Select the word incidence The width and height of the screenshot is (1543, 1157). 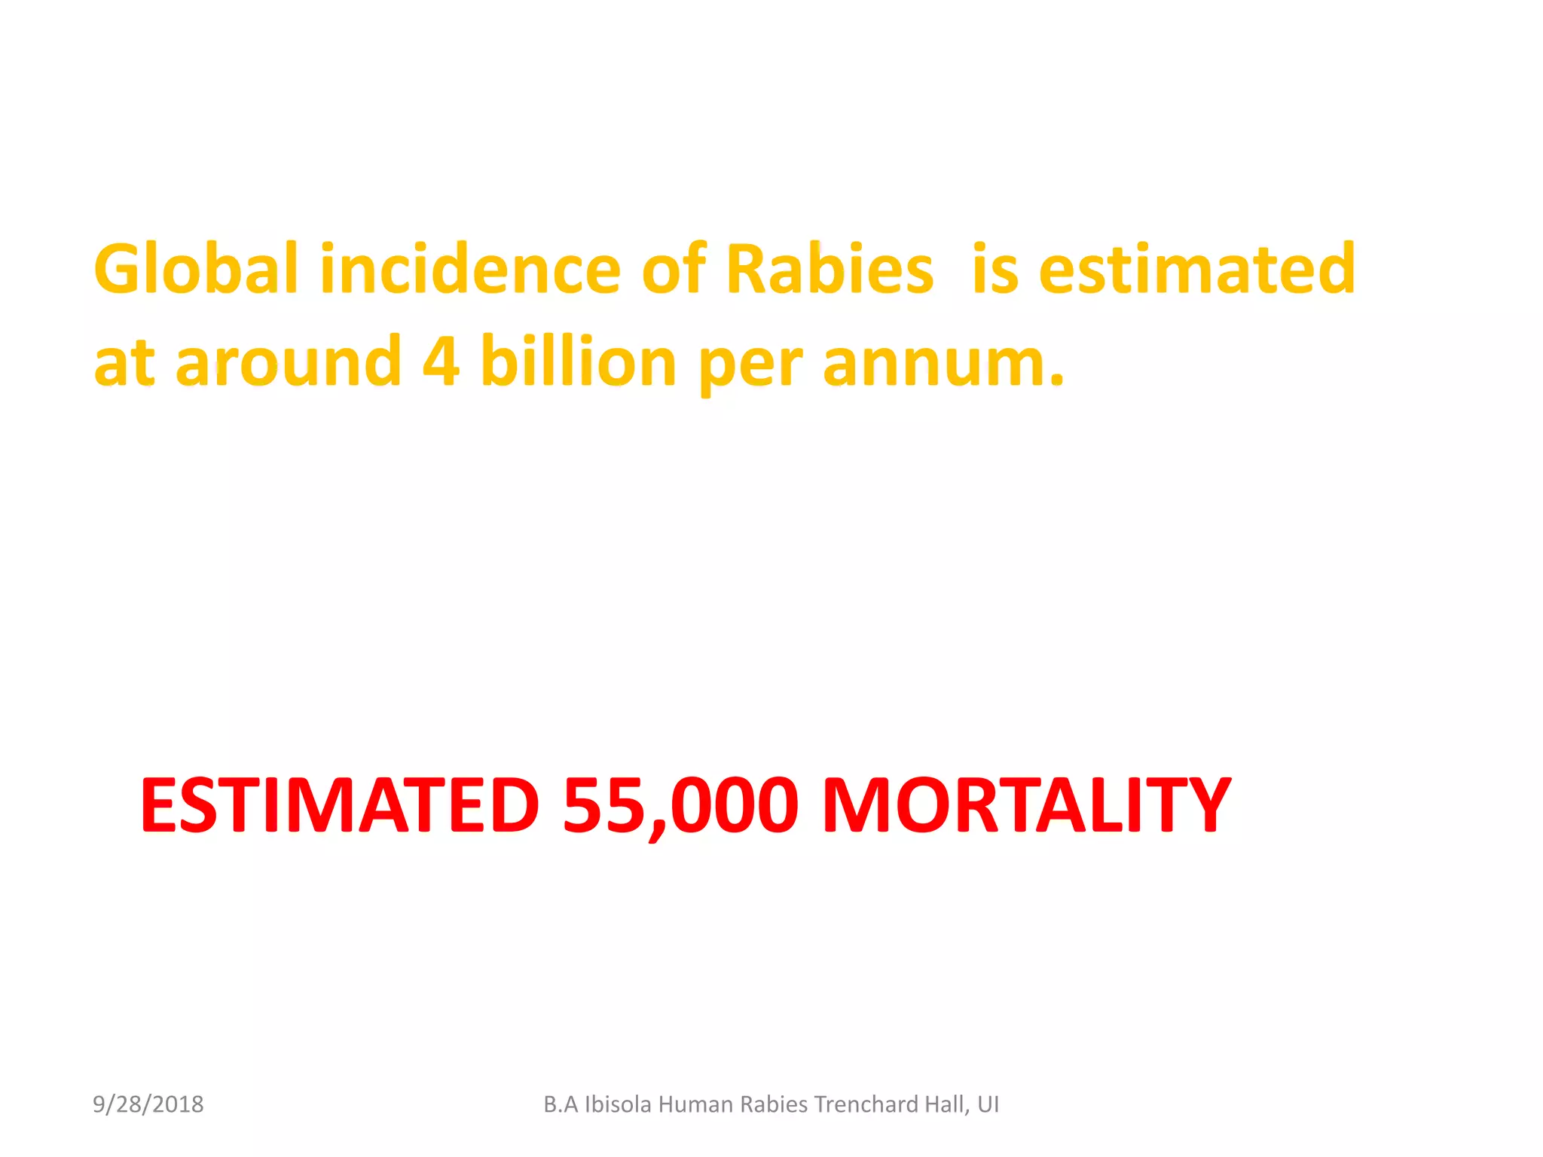[470, 270]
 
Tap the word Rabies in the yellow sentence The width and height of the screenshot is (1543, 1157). [830, 270]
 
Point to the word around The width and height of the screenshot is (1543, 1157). [289, 362]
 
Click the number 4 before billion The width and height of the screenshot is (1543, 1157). [441, 362]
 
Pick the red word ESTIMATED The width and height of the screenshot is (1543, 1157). [340, 805]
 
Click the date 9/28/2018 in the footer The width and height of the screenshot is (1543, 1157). [148, 1104]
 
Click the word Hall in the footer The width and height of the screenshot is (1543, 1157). [947, 1104]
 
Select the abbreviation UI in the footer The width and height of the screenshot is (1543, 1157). [988, 1104]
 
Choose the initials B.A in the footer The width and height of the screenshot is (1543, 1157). [561, 1104]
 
